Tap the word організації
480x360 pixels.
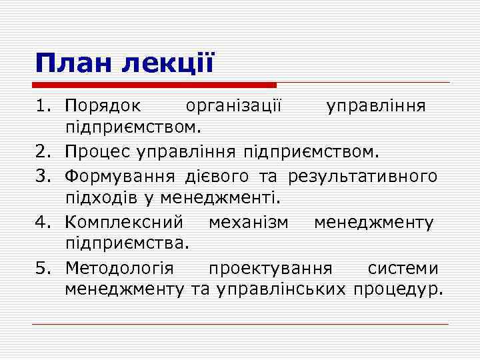[x=235, y=107]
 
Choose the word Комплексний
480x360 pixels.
[x=127, y=221]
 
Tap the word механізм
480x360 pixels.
[x=249, y=221]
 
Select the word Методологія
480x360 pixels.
[x=119, y=268]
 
